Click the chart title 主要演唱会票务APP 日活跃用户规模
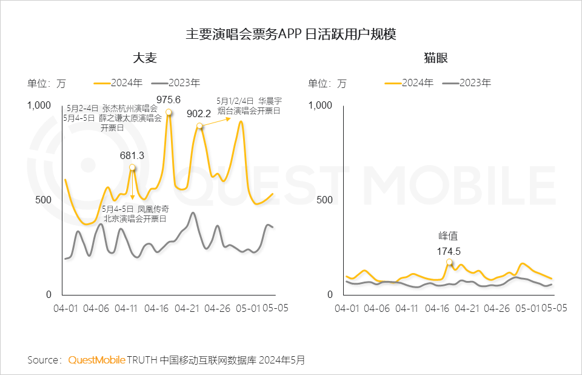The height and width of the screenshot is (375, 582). tap(291, 33)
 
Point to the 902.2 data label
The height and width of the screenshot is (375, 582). tap(199, 113)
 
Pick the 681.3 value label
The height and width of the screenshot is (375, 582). tap(132, 155)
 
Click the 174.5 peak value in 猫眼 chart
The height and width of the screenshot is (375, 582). tap(449, 250)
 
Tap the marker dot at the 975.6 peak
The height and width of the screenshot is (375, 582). tap(169, 112)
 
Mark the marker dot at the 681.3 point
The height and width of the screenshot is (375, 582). tap(132, 167)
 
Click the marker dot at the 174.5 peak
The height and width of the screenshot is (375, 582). tap(449, 262)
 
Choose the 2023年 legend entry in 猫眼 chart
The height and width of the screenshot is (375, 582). tap(467, 83)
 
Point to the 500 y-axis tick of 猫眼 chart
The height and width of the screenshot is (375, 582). tap(325, 200)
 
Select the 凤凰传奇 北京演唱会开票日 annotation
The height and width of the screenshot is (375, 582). tap(135, 214)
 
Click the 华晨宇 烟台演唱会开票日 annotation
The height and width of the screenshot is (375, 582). tap(249, 106)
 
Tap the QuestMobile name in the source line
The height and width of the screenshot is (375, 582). tap(96, 360)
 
